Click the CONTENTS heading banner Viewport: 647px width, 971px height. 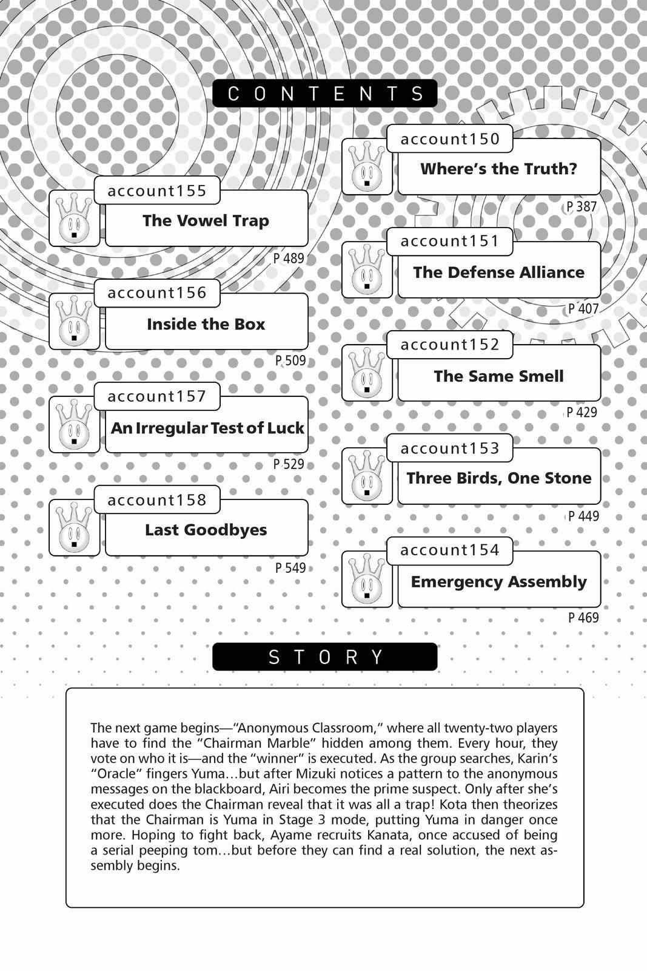point(324,93)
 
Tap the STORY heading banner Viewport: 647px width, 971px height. point(324,657)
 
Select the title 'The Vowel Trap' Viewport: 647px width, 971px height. point(206,220)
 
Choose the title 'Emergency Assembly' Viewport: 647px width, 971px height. point(498,581)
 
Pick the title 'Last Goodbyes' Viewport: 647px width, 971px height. point(206,530)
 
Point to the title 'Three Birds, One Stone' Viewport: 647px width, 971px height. point(498,478)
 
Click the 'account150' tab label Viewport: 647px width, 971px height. point(450,139)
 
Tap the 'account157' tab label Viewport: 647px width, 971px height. point(157,396)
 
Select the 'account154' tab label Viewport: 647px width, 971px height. point(450,550)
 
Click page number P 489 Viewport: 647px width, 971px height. point(289,258)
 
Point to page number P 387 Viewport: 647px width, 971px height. point(582,206)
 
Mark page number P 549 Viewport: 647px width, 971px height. point(290,568)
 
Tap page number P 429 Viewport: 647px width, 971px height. point(582,413)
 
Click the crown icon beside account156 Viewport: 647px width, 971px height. point(74,322)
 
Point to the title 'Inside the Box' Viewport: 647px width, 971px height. point(206,323)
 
